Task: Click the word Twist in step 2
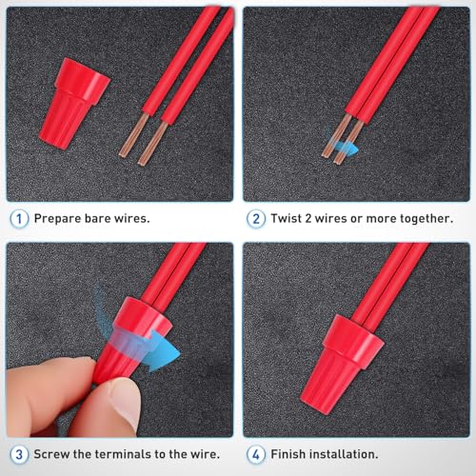(x=290, y=218)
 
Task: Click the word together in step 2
(x=422, y=218)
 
